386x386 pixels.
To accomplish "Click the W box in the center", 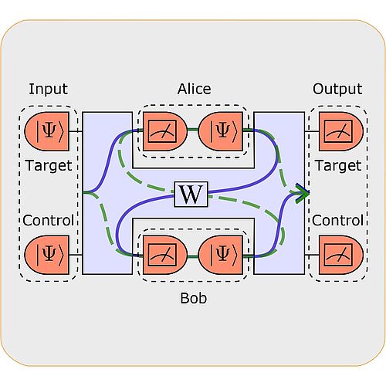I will pos(191,194).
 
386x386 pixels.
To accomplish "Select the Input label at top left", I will pos(48,90).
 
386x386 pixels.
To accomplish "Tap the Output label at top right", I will pos(337,90).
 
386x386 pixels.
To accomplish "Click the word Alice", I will pos(193,90).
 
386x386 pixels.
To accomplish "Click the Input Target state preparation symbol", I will pos(47,131).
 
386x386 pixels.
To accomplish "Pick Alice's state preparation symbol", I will pos(221,131).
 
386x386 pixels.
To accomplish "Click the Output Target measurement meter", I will pos(336,131).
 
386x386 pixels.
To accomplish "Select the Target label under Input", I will pos(48,165).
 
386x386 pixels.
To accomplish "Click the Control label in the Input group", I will pos(48,221).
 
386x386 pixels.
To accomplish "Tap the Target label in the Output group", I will pos(337,165).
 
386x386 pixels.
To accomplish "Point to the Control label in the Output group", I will pos(337,221).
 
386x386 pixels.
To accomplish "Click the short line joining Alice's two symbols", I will pos(191,131).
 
